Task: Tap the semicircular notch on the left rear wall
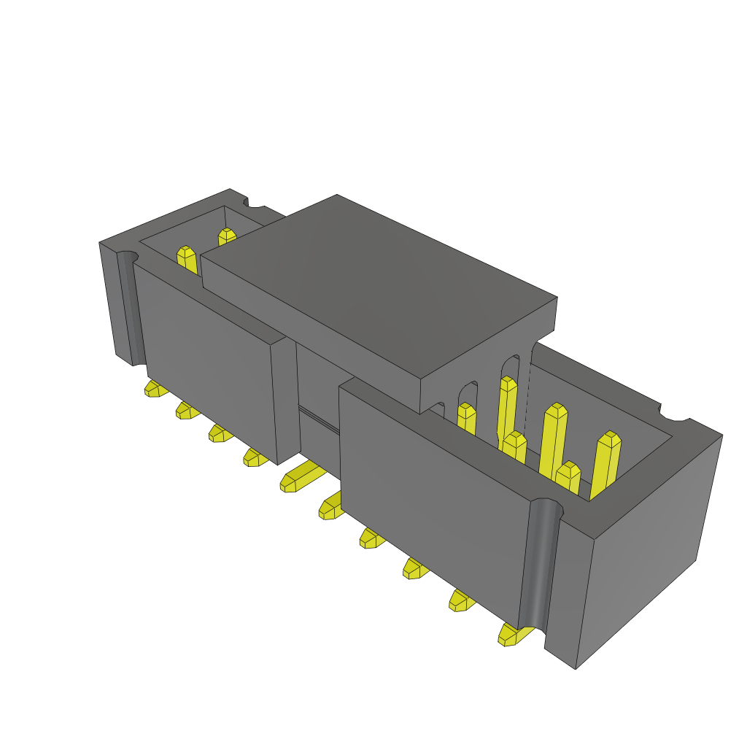pos(255,209)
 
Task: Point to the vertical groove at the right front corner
pos(540,562)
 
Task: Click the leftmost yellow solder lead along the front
pos(154,388)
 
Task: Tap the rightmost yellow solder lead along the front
pos(509,634)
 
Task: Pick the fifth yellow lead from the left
pos(295,480)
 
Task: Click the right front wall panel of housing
pos(430,489)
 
